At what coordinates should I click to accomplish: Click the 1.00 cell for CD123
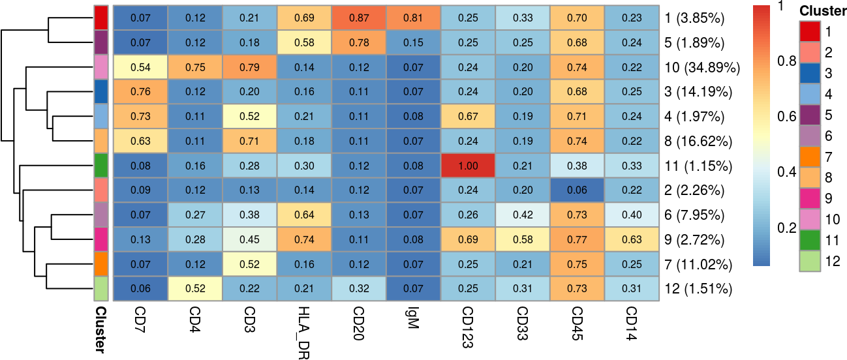467,166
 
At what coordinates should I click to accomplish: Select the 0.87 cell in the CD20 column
358,18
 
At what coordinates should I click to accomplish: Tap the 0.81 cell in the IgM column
412,18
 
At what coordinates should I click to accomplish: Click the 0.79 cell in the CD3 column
249,67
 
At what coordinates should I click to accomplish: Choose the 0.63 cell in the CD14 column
631,240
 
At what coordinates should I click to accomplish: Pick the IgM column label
412,319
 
